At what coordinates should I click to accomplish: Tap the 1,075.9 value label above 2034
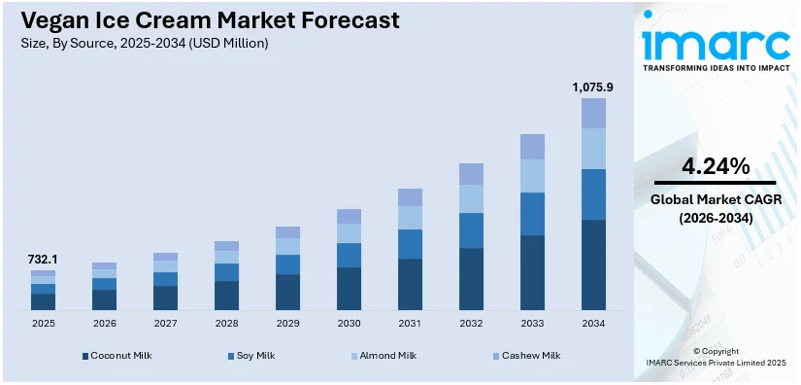click(592, 87)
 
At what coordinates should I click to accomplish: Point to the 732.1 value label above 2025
click(43, 260)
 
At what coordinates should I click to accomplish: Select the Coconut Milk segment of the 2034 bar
click(593, 264)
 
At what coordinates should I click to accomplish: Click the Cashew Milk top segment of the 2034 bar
click(593, 113)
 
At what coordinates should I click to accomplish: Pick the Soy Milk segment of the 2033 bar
click(532, 214)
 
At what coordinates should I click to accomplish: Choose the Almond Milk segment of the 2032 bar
click(471, 198)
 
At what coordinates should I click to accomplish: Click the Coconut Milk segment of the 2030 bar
click(349, 289)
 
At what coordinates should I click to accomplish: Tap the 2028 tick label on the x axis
click(226, 323)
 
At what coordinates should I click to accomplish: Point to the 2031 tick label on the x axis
click(410, 323)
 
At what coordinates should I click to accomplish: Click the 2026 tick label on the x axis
click(104, 323)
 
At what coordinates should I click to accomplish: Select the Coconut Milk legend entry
click(117, 356)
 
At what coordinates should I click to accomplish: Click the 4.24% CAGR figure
click(715, 166)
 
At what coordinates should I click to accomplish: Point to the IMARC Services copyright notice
click(715, 363)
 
